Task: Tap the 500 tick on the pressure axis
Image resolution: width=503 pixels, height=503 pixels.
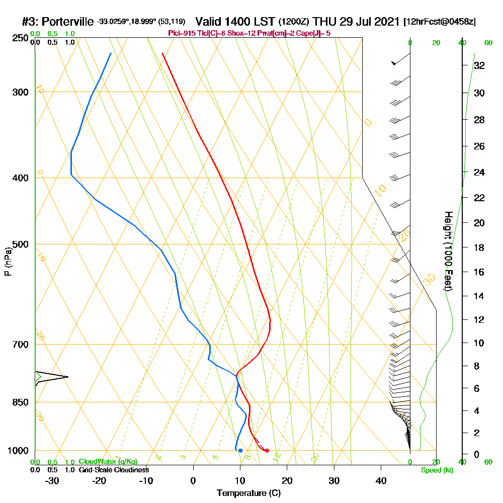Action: tap(20, 244)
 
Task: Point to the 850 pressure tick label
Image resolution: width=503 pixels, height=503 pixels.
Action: tap(20, 402)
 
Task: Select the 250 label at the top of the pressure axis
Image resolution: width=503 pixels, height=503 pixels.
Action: tap(20, 38)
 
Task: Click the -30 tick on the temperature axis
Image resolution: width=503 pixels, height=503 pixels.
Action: tap(52, 480)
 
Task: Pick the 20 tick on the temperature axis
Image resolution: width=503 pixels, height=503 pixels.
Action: tap(287, 480)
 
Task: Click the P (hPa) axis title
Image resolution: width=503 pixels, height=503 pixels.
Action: tap(8, 262)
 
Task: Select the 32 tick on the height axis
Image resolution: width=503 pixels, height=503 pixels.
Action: tap(478, 65)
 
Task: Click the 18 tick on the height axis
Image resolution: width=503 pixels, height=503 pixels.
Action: tap(478, 247)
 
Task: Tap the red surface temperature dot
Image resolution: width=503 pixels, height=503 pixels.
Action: tap(267, 450)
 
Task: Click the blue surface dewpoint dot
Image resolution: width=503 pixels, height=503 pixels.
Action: tap(240, 450)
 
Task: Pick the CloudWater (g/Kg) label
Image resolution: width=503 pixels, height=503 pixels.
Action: tap(108, 462)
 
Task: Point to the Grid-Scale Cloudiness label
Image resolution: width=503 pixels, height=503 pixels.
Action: tap(113, 470)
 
